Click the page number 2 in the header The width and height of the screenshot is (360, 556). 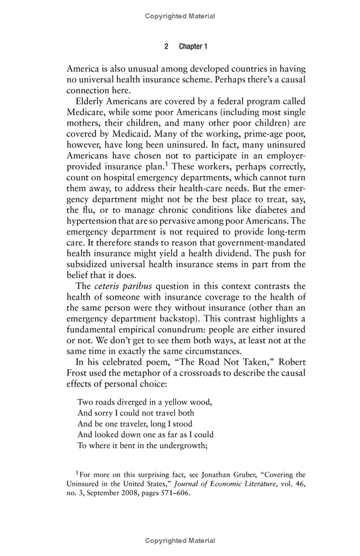(x=166, y=47)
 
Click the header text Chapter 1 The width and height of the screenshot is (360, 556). (x=193, y=47)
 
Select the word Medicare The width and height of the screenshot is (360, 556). (x=85, y=113)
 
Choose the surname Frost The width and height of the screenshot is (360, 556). (x=78, y=374)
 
